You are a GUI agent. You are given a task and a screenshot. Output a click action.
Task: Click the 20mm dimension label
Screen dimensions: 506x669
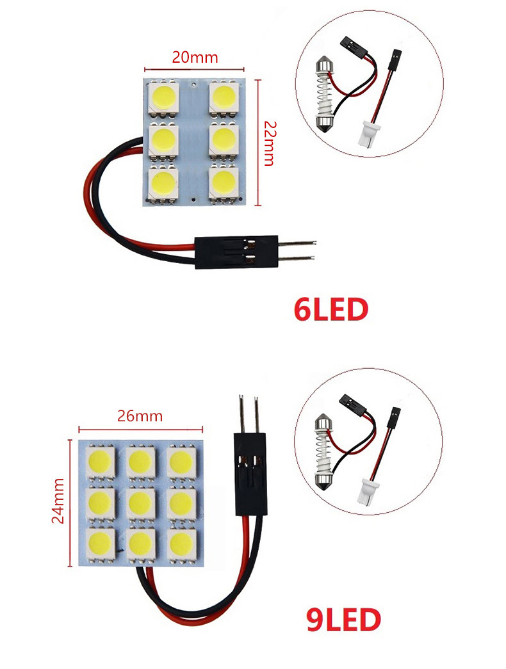tap(195, 57)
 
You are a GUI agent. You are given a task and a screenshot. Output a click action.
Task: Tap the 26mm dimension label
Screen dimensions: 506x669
tap(140, 416)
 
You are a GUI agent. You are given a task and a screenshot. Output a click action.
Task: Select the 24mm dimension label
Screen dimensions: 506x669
tap(58, 500)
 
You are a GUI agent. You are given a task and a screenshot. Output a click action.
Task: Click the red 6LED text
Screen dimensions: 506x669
tap(331, 309)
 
